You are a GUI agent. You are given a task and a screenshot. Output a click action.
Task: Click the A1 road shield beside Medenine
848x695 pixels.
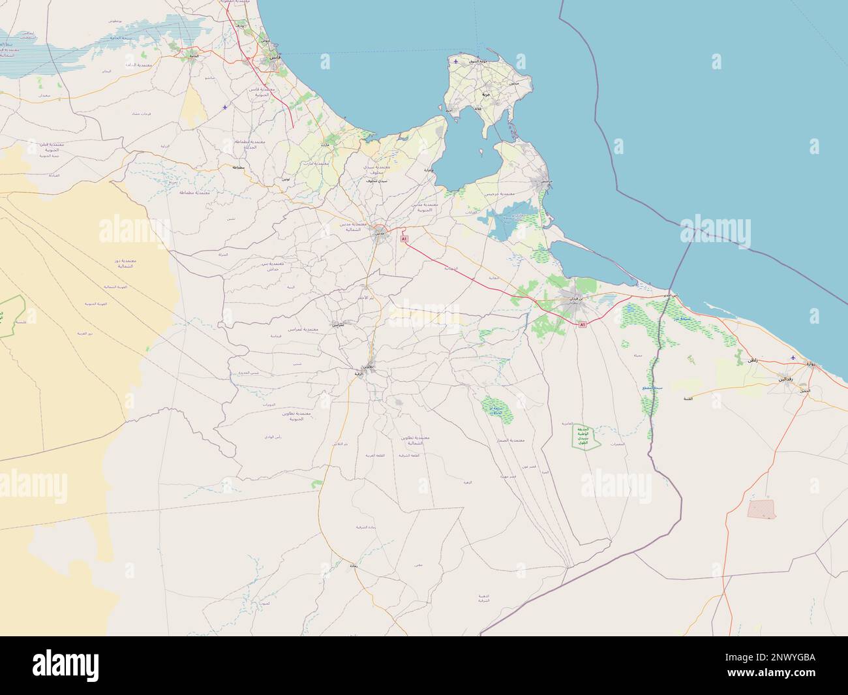(404, 239)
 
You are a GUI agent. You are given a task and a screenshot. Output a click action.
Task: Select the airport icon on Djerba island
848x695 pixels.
(455, 62)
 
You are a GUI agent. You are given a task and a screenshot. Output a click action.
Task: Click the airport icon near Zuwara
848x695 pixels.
(793, 358)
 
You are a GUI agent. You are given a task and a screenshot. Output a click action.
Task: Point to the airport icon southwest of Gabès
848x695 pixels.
(226, 106)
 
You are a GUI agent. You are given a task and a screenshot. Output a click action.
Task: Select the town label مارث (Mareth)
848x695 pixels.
(326, 144)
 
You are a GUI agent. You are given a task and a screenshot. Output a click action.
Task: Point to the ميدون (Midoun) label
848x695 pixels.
(513, 85)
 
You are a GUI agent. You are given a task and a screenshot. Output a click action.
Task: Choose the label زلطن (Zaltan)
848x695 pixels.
(753, 360)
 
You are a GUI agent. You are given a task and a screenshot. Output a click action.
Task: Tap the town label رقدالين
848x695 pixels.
(784, 378)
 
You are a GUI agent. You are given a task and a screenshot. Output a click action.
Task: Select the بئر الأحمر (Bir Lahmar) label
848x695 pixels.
(367, 297)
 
